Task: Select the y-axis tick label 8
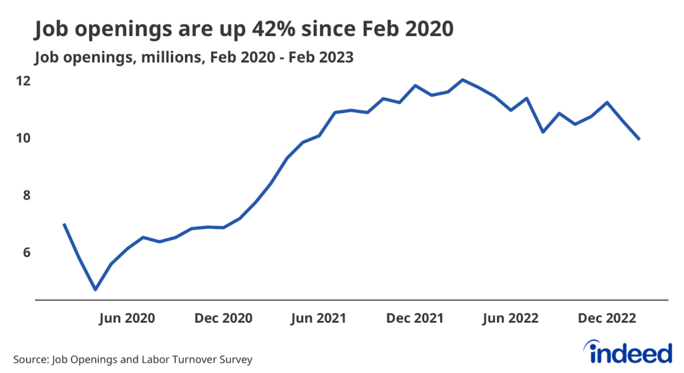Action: tap(45, 196)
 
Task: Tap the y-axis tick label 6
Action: tap(45, 252)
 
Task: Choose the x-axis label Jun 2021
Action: tap(320, 318)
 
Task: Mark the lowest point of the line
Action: tap(96, 290)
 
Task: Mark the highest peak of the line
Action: tap(463, 79)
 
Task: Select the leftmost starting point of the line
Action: tap(63, 224)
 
